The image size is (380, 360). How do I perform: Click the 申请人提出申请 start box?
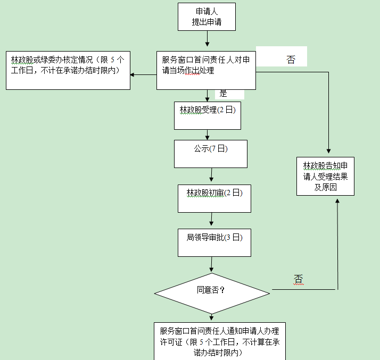click(206, 16)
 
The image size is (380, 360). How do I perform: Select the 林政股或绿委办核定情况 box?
click(68, 70)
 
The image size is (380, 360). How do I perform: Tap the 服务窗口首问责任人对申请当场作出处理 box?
click(206, 70)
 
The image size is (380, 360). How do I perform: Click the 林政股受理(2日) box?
click(208, 115)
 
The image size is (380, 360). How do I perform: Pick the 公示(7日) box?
click(211, 154)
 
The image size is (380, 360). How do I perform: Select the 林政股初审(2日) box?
click(214, 198)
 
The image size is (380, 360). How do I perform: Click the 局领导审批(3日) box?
click(214, 242)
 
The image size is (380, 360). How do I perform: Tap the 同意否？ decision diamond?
click(212, 293)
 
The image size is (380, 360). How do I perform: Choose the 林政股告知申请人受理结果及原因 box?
click(325, 176)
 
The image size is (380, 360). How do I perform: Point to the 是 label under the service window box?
click(224, 94)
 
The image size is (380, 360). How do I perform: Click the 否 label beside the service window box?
click(291, 60)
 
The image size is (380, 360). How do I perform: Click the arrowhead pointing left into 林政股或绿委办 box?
click(133, 74)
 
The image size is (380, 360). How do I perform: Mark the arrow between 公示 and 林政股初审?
click(212, 176)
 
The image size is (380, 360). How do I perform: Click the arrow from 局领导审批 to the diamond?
click(212, 264)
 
